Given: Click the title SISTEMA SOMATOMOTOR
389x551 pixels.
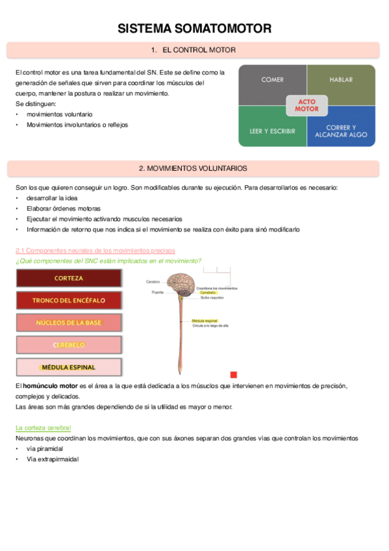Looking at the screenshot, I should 194,28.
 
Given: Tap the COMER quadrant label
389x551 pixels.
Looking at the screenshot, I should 272,80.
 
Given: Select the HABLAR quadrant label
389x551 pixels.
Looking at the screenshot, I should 341,80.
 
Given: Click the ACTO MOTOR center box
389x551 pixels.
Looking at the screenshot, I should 307,105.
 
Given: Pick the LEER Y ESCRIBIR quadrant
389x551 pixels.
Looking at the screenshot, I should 272,131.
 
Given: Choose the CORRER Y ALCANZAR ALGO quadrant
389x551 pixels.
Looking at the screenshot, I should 341,131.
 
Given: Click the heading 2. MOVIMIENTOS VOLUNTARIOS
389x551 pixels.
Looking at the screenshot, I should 194,168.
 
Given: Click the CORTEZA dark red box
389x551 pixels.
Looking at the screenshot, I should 68,278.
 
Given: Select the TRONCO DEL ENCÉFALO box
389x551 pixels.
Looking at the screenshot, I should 68,300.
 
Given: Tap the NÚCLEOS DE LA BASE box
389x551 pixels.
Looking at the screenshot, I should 68,322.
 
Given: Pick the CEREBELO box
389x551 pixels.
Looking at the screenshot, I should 68,344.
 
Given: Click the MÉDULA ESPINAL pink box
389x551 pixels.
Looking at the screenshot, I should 68,367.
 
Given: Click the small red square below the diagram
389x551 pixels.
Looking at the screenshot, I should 234,375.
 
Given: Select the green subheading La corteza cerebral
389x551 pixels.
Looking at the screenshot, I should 43,428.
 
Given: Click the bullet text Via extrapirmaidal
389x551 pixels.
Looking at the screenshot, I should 53,459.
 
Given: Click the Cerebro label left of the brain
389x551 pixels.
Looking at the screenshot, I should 153,282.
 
